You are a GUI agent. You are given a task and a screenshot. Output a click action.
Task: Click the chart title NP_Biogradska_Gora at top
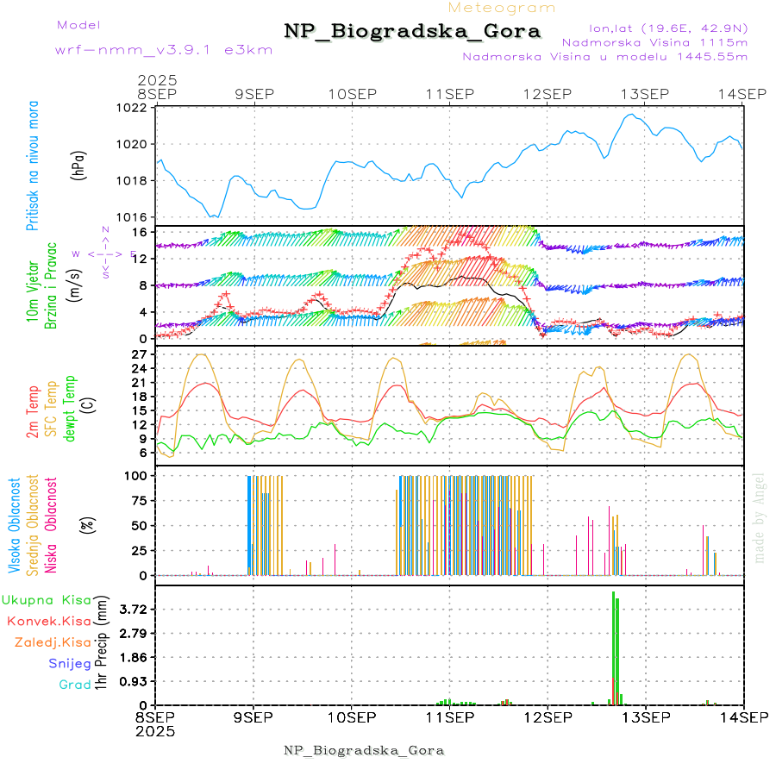click(x=412, y=32)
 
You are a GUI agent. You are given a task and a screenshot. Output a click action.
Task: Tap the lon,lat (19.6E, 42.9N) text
click(x=667, y=28)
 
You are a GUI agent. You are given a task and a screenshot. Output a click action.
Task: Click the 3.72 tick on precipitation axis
click(x=134, y=609)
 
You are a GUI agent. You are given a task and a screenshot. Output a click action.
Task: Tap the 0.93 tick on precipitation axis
click(x=134, y=681)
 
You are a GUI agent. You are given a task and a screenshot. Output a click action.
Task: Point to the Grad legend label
click(x=75, y=685)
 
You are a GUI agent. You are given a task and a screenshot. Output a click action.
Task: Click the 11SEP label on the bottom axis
click(x=449, y=717)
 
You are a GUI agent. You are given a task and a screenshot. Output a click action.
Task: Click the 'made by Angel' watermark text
click(x=760, y=517)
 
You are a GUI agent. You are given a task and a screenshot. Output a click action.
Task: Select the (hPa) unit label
click(x=79, y=164)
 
